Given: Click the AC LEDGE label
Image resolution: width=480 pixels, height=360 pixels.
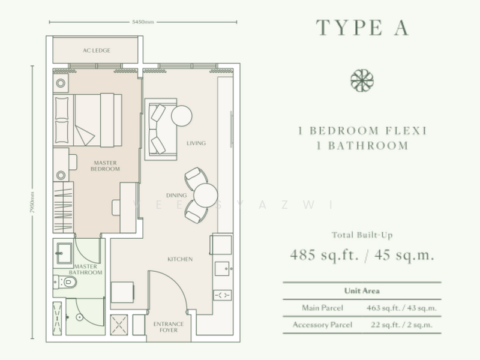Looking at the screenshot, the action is point(97,50).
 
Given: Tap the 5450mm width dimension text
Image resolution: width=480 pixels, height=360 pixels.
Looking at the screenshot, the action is point(143,22).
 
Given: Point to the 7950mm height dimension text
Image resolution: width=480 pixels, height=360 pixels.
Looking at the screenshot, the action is point(32,202).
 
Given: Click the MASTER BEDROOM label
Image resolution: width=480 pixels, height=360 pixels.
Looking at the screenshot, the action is point(105,166).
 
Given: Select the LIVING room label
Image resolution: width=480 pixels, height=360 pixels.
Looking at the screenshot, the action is point(196,143).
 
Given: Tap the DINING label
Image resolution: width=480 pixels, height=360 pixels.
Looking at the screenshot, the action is point(176,196).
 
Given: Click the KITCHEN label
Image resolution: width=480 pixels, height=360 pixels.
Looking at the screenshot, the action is point(180,259).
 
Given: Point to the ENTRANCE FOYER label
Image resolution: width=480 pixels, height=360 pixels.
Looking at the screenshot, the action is point(169,327).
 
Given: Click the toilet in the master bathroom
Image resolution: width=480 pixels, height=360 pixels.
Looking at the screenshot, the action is point(65,282).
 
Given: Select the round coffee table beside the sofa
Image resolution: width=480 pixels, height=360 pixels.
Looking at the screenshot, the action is point(182,116).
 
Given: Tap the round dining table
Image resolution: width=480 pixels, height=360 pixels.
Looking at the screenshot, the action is point(205,196).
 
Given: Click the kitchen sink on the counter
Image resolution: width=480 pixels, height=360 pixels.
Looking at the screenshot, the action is point(222,268).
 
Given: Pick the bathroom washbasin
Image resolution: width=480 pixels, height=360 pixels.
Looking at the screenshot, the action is point(64,253).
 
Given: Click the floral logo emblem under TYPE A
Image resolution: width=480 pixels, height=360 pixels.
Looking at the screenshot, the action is point(362,80).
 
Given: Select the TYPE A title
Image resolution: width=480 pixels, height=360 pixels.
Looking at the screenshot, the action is point(362,28).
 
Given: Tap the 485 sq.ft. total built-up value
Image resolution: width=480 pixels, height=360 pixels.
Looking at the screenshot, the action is point(324,254).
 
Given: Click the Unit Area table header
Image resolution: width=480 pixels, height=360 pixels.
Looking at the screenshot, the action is point(362,291).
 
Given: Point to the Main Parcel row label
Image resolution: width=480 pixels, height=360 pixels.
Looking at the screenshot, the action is point(322,308).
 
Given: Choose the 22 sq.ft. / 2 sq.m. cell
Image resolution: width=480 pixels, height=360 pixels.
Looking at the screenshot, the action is point(401,325).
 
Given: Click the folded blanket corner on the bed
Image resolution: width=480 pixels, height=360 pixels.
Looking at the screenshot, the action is point(84,135).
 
